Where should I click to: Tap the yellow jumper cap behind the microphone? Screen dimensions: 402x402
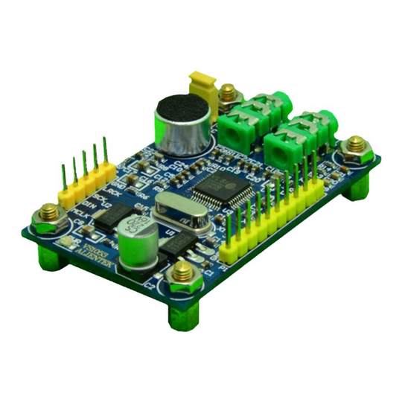click(x=202, y=87)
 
